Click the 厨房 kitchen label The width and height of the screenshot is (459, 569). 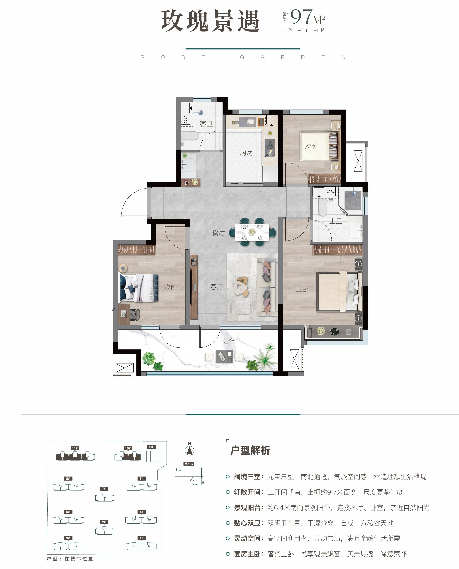point(246,153)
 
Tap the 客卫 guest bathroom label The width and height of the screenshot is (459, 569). point(206,124)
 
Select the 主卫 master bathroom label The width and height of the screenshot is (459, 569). point(336,221)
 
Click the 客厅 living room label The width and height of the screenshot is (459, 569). point(217,287)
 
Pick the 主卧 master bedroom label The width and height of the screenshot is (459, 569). point(302,289)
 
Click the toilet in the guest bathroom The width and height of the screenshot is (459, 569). point(190,136)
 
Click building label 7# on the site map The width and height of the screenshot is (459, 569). point(104,489)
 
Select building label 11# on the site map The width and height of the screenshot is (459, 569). point(75,448)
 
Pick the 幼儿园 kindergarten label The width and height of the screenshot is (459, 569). point(189,464)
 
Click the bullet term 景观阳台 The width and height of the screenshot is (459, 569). point(247,508)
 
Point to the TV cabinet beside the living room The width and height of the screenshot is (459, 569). point(194,287)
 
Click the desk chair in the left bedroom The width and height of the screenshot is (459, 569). point(135,315)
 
